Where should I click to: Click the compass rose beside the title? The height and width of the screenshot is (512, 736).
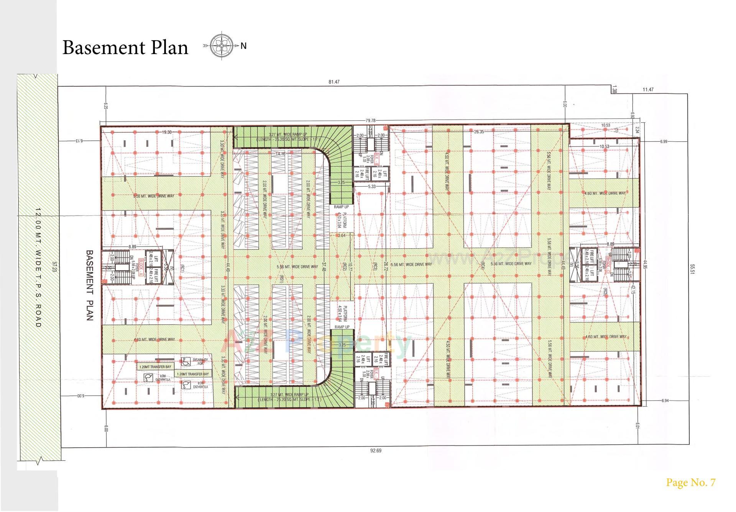tap(221, 46)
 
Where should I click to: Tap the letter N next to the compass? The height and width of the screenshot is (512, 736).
tap(243, 46)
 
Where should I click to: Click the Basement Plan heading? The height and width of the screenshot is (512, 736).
tap(125, 48)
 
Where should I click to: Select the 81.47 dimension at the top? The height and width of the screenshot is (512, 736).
tap(334, 82)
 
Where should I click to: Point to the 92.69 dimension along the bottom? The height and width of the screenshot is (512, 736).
tap(376, 451)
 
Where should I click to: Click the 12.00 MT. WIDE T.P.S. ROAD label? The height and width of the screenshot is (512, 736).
tap(38, 268)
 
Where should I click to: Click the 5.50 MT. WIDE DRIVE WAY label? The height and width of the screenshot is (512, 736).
tap(154, 196)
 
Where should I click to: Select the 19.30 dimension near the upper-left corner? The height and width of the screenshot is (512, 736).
tap(166, 132)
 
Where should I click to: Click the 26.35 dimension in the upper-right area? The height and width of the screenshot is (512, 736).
tap(479, 132)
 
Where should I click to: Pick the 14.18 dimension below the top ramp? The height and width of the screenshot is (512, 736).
tap(280, 154)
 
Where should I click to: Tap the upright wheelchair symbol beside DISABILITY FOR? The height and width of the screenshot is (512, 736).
tap(186, 361)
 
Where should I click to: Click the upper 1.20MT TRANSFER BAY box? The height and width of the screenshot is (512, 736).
tap(155, 367)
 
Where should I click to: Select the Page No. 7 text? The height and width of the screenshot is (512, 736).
tap(690, 482)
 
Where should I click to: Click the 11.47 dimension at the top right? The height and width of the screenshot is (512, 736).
tap(648, 90)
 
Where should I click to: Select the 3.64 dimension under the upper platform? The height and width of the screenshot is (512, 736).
tap(341, 235)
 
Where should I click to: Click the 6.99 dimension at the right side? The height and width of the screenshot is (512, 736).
tap(664, 141)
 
